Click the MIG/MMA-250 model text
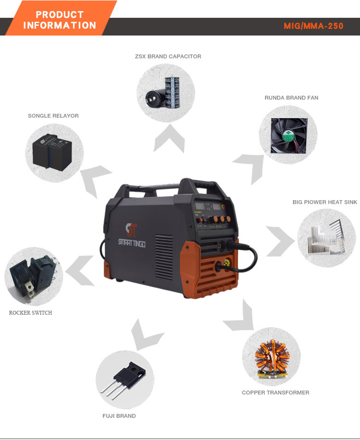pyautogui.click(x=313, y=26)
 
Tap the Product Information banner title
pyautogui.click(x=60, y=20)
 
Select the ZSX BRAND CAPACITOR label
pyautogui.click(x=168, y=57)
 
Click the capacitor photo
pyautogui.click(x=166, y=91)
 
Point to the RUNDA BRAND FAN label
pyautogui.click(x=291, y=98)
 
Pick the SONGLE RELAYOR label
pyautogui.click(x=53, y=116)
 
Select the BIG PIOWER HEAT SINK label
pyautogui.click(x=325, y=202)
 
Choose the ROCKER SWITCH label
pyautogui.click(x=31, y=313)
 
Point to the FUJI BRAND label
pyautogui.click(x=119, y=416)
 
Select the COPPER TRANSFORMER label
pyautogui.click(x=276, y=392)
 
